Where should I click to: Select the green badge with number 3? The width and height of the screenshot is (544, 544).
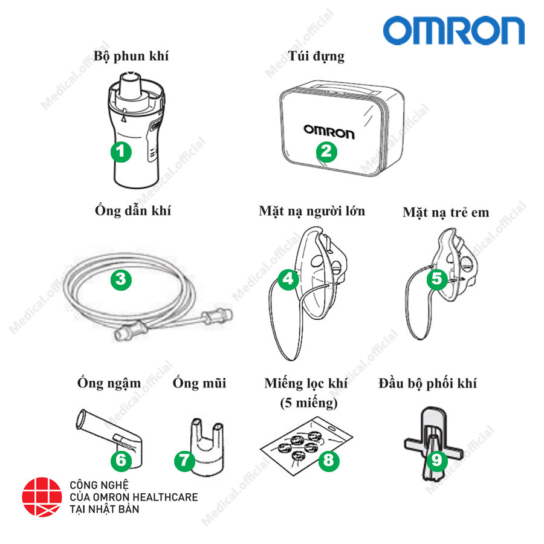click(x=121, y=279)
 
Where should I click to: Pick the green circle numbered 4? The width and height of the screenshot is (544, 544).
click(x=289, y=279)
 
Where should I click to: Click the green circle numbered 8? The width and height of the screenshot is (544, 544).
click(x=328, y=461)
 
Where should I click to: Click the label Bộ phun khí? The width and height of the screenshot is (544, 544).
click(x=131, y=57)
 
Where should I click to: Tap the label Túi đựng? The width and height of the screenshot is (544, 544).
click(x=316, y=57)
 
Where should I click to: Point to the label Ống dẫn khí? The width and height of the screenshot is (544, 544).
click(x=133, y=211)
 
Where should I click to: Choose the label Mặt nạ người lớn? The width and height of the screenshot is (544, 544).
click(x=312, y=211)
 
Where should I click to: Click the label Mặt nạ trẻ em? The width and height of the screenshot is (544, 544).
click(x=446, y=212)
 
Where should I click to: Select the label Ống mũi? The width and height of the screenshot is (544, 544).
click(x=199, y=383)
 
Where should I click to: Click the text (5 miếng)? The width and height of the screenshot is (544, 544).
click(x=309, y=402)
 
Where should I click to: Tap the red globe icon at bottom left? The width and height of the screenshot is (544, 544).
click(x=42, y=498)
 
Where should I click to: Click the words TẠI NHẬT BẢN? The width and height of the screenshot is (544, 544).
click(x=105, y=510)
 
